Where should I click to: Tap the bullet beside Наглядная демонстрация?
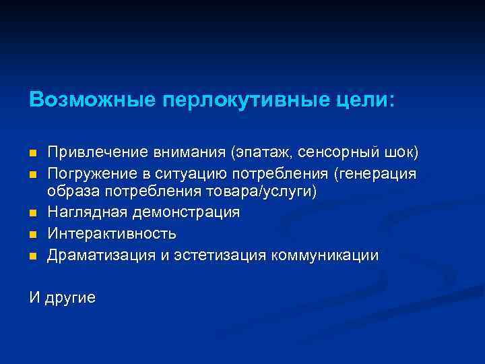(32, 214)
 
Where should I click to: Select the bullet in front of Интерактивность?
(32, 235)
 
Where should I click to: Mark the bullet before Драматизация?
(32, 256)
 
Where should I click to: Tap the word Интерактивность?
(112, 234)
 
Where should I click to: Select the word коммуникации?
(324, 255)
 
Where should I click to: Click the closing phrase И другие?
(62, 297)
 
